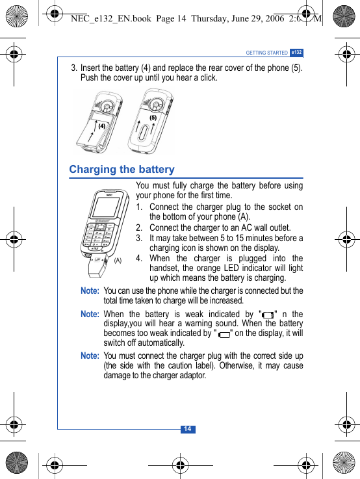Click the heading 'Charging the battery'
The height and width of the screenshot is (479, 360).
(122, 170)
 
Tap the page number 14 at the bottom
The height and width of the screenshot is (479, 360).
(186, 429)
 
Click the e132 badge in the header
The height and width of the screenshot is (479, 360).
(296, 52)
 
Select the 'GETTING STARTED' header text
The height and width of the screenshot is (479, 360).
(266, 53)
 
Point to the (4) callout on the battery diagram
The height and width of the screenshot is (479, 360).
(102, 126)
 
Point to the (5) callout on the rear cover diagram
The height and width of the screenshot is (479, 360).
(153, 118)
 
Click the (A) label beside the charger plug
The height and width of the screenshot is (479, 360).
(118, 260)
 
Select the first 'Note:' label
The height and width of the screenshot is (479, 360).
(90, 291)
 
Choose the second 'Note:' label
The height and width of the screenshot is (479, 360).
(90, 314)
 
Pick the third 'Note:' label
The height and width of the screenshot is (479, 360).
(90, 356)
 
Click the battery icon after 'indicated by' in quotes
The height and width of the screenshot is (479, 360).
(268, 315)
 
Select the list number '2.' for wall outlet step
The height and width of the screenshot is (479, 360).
(140, 228)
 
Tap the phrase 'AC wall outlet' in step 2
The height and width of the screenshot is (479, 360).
(264, 228)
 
